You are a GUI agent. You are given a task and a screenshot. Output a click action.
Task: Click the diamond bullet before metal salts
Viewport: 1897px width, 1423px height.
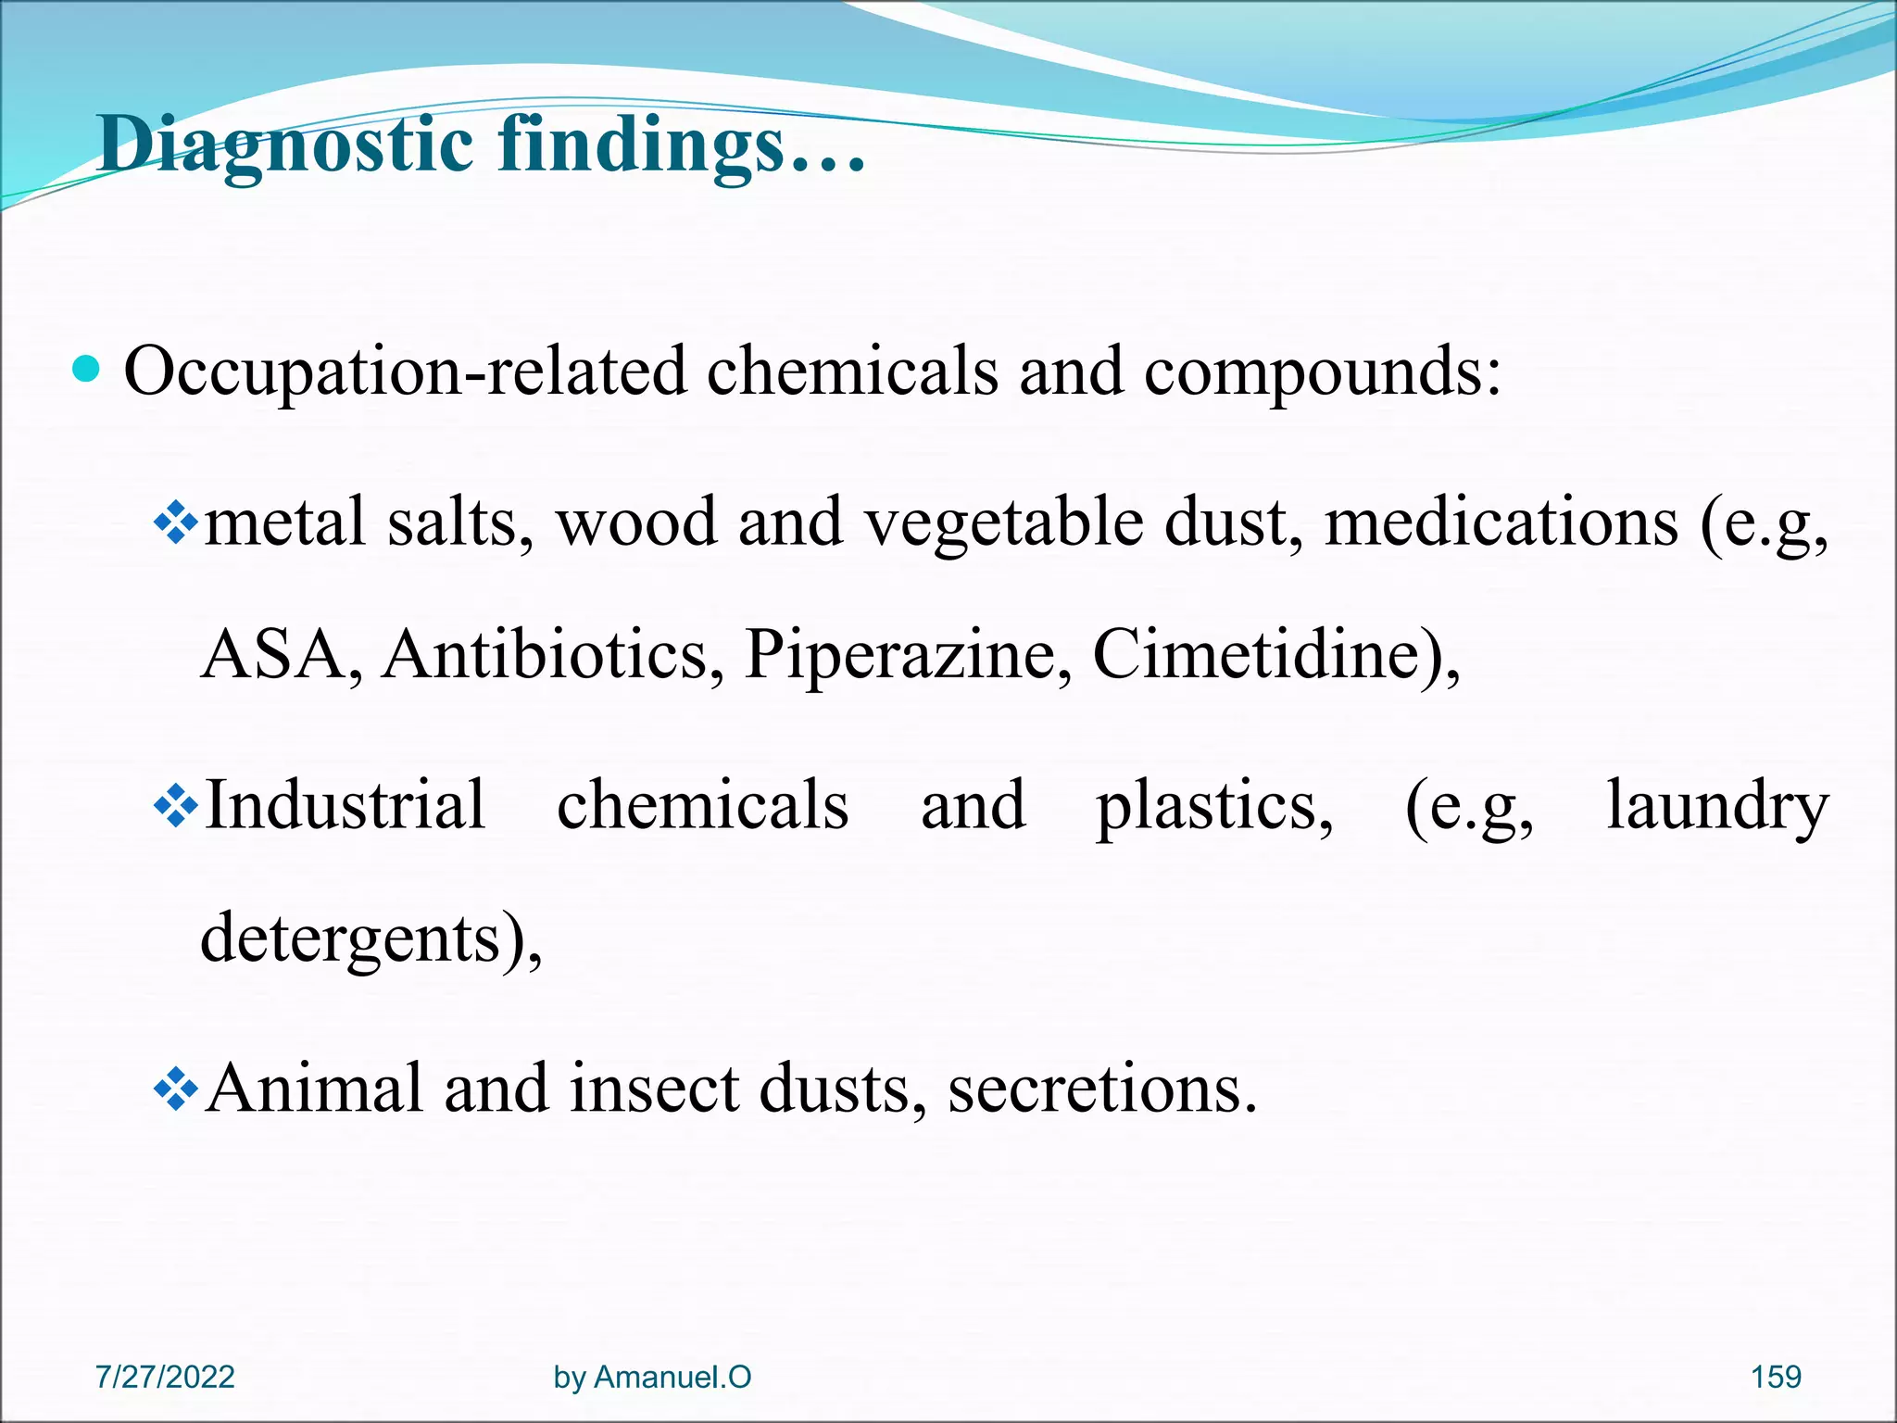[x=176, y=524]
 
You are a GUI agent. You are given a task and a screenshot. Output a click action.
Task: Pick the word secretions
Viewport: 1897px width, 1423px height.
[x=1102, y=1088]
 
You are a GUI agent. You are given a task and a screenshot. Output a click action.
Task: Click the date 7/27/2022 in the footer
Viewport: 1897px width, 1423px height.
[x=165, y=1377]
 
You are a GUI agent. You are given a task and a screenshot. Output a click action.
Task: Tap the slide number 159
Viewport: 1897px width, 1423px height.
[x=1776, y=1377]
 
